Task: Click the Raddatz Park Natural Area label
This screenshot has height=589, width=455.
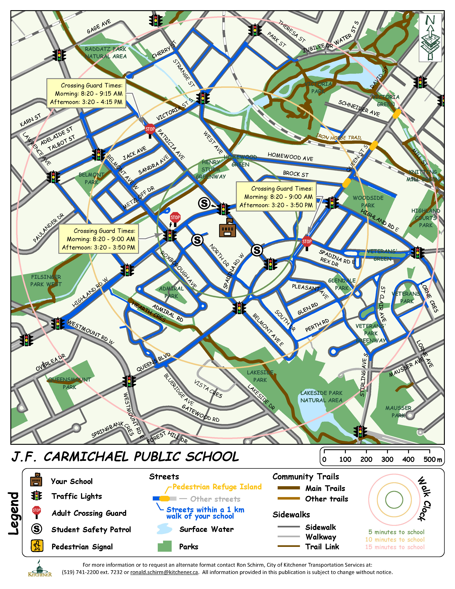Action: click(x=105, y=53)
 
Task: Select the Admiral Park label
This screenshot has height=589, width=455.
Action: click(x=171, y=292)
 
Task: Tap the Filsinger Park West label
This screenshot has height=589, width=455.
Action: click(x=46, y=280)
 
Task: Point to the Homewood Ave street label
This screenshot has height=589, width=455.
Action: click(x=290, y=156)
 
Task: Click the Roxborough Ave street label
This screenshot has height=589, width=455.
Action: click(x=178, y=269)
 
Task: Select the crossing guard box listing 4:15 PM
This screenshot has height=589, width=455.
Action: click(x=86, y=94)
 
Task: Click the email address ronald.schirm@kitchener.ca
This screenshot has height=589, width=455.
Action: click(x=164, y=572)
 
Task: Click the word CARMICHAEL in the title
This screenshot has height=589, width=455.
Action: click(x=111, y=457)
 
